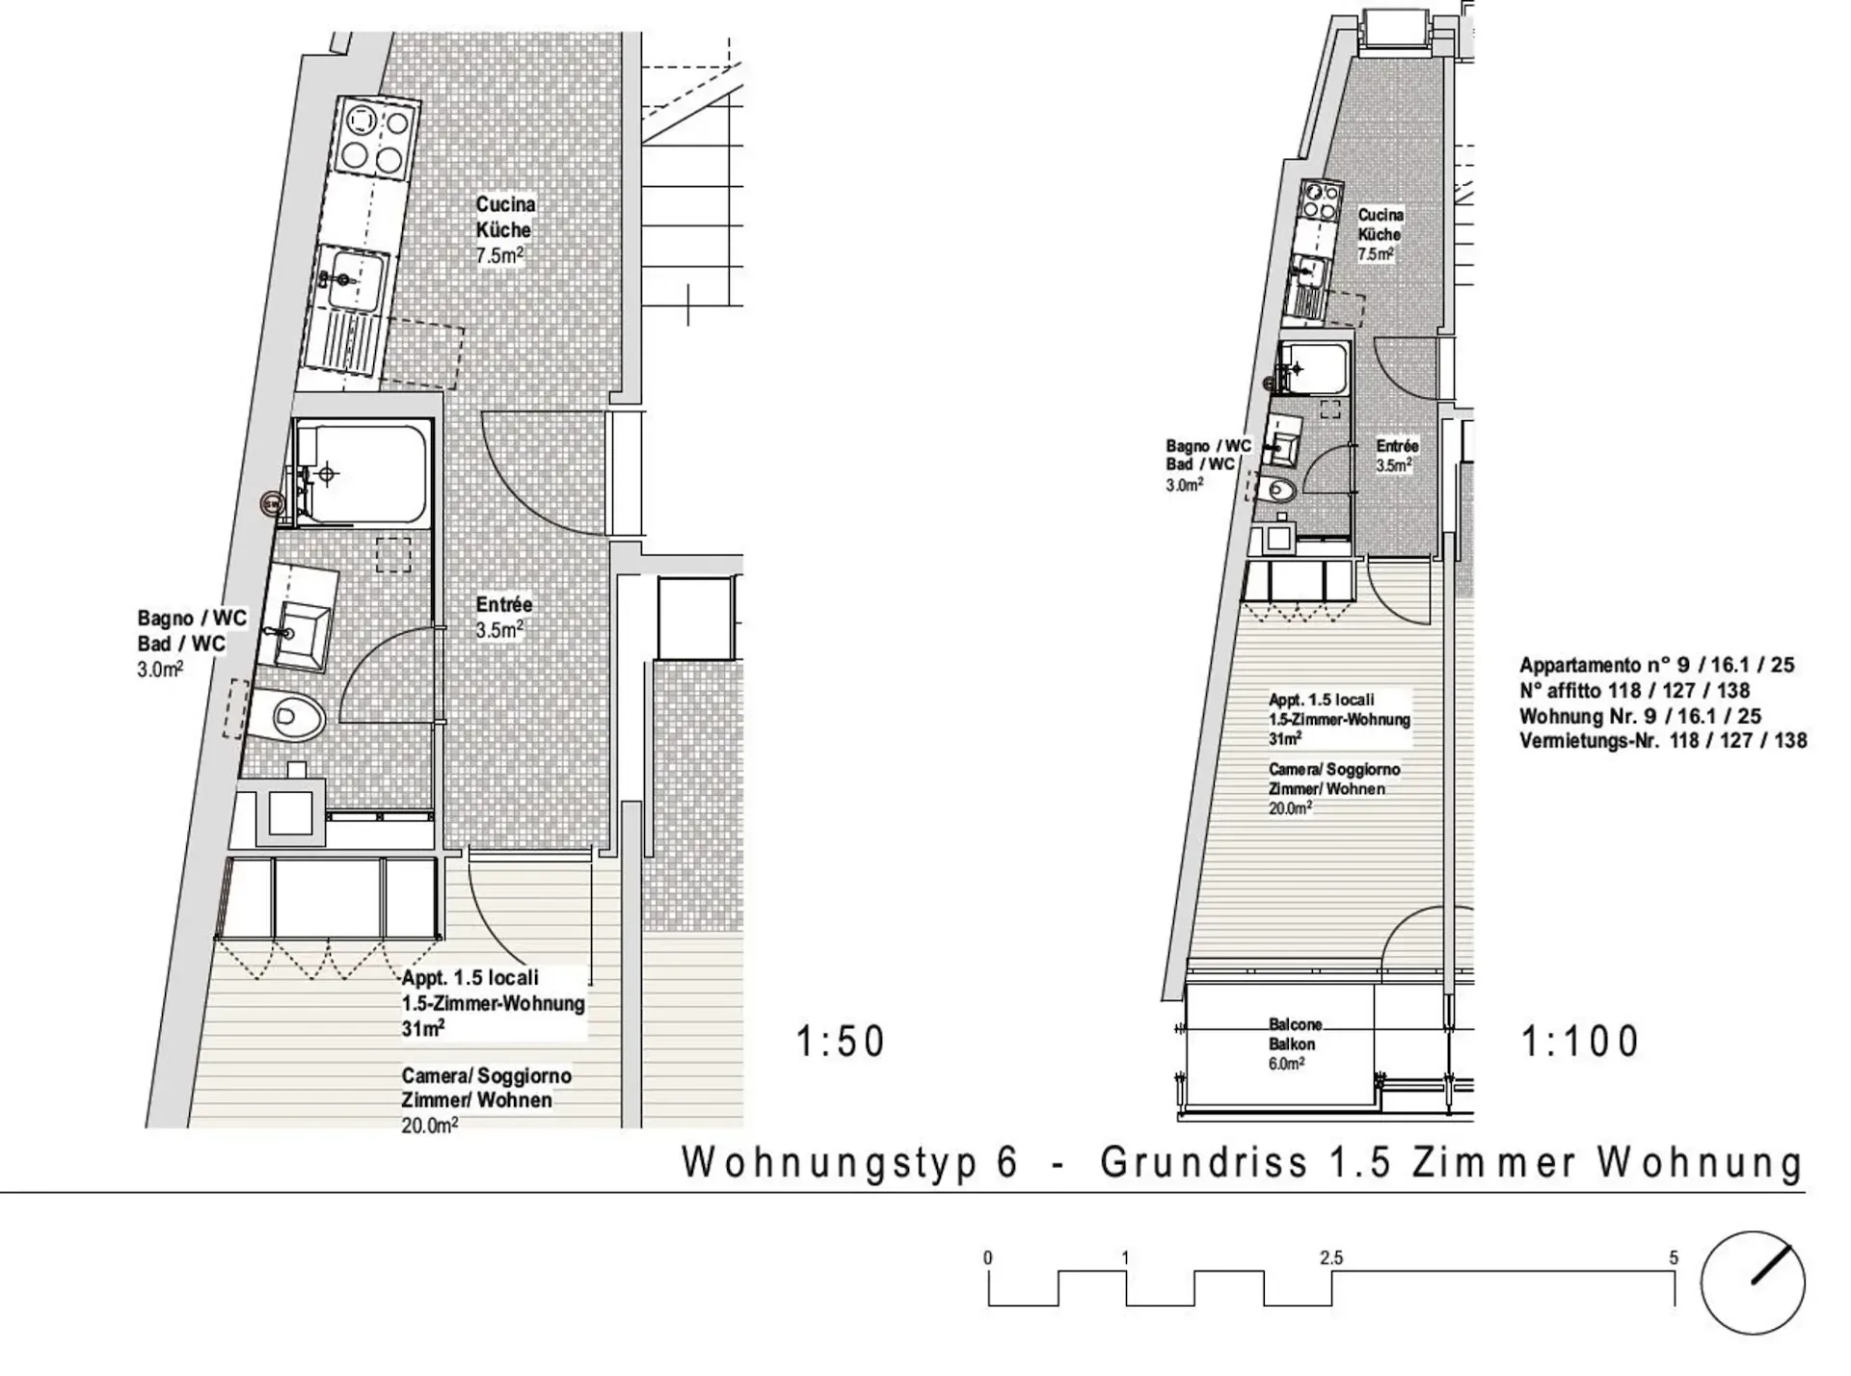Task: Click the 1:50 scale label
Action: coord(840,1042)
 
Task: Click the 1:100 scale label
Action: coord(1580,1042)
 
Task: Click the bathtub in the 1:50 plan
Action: coord(362,472)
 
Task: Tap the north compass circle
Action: coord(1752,1283)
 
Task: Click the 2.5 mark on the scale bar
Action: coord(1331,1258)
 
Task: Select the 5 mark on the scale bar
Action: coord(1674,1258)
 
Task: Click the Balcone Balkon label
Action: coord(1294,1034)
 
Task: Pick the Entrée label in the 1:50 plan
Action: coord(503,605)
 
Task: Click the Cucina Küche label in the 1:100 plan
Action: coord(1380,225)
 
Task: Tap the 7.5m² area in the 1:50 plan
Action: coord(499,255)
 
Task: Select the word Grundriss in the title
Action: coord(1204,1163)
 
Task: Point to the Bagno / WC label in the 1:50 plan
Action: coord(192,618)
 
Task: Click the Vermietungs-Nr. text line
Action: coord(1663,741)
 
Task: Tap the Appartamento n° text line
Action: coord(1656,665)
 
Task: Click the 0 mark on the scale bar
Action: coord(988,1258)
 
